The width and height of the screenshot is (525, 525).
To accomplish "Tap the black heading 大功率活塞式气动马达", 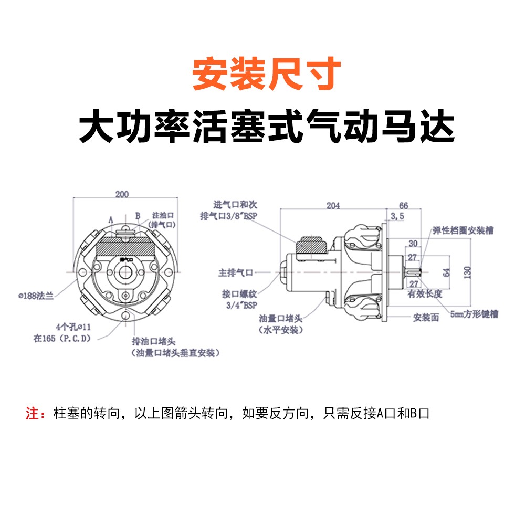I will click(x=267, y=127).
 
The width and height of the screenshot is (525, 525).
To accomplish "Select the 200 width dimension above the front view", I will click(x=122, y=195).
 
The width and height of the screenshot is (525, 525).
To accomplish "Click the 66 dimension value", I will click(x=404, y=205).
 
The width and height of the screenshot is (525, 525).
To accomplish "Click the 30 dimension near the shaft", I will click(x=413, y=244).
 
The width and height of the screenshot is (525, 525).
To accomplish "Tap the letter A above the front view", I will click(x=111, y=218).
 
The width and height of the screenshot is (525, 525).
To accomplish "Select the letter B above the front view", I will click(x=137, y=215).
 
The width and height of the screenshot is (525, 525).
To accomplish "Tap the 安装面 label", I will click(x=426, y=318).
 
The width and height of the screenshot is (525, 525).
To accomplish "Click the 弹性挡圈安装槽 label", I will click(x=463, y=230).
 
